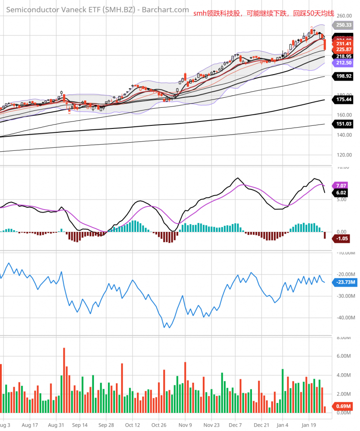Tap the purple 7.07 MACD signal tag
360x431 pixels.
pos(341,185)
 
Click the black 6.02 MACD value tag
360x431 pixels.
pos(341,193)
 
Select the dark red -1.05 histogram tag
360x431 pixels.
pos(342,238)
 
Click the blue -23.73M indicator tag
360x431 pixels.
pos(344,283)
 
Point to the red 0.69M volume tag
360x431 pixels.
pos(344,406)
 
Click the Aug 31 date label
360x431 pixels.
pos(56,425)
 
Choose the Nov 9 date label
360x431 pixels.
pos(185,425)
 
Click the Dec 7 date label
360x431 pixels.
pos(236,425)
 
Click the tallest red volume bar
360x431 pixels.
pos(64,379)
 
